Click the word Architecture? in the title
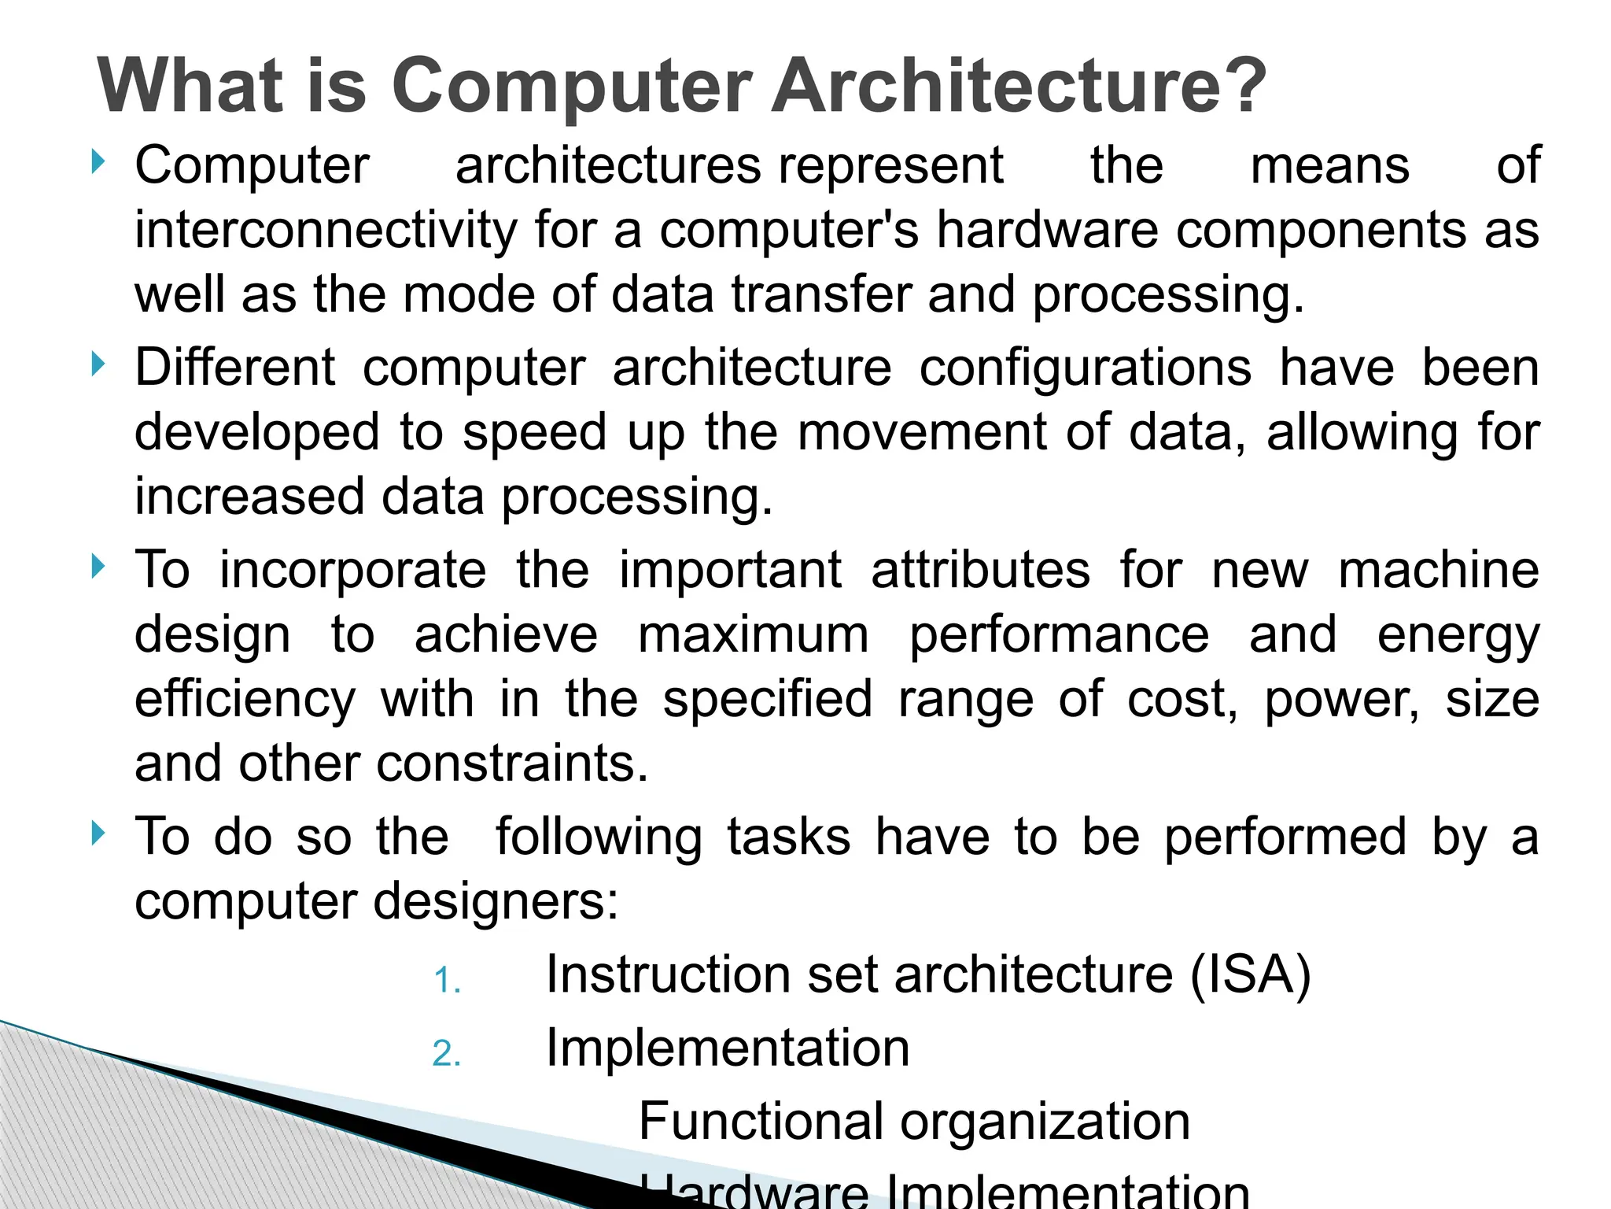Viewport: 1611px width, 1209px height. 1019,86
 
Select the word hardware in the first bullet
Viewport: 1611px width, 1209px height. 1047,230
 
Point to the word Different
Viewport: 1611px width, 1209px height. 235,368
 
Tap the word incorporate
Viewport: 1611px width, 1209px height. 353,571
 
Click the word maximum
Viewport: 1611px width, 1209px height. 754,634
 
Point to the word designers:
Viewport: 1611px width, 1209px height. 496,901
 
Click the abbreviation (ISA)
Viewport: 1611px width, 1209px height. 1251,974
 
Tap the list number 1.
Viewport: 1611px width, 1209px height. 447,981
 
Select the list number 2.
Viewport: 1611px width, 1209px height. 447,1054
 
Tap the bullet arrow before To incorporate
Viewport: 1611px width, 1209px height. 98,566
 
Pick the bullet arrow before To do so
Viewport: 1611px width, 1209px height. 98,833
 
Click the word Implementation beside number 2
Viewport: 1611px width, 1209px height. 728,1048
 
